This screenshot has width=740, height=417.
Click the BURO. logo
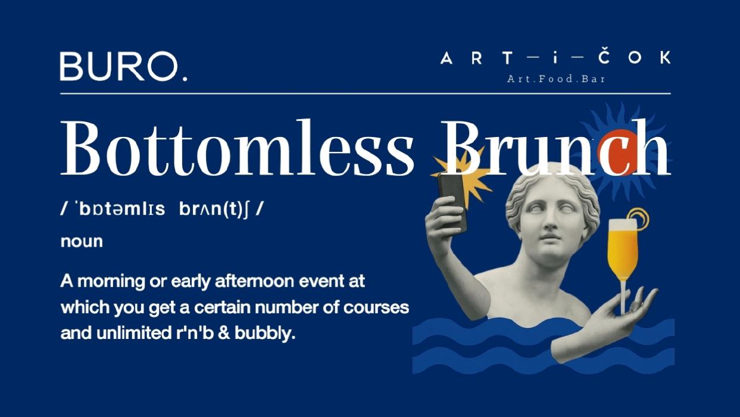tap(124, 66)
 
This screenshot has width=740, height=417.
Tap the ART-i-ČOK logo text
tap(555, 57)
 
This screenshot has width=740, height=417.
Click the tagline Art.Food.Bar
tap(556, 79)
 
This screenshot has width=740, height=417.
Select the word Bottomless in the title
tap(237, 148)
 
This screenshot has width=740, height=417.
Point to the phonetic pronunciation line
tap(162, 209)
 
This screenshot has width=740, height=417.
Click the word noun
tap(82, 242)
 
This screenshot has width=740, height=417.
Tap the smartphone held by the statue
tap(452, 203)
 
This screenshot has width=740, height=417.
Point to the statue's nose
tap(550, 222)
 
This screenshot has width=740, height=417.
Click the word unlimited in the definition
tap(134, 332)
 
